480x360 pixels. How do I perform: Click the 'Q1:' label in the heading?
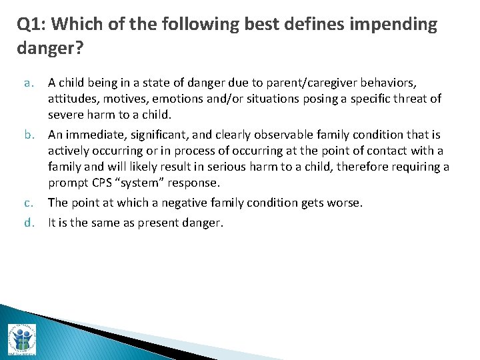click(31, 25)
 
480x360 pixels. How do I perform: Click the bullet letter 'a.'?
click(29, 83)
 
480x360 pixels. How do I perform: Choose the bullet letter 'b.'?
click(29, 135)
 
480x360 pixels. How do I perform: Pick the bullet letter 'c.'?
click(29, 202)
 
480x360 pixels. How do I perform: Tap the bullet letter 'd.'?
click(29, 223)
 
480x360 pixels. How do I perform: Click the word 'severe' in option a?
click(66, 114)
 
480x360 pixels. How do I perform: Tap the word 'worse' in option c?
click(345, 202)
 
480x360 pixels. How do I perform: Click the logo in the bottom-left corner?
click(21, 339)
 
